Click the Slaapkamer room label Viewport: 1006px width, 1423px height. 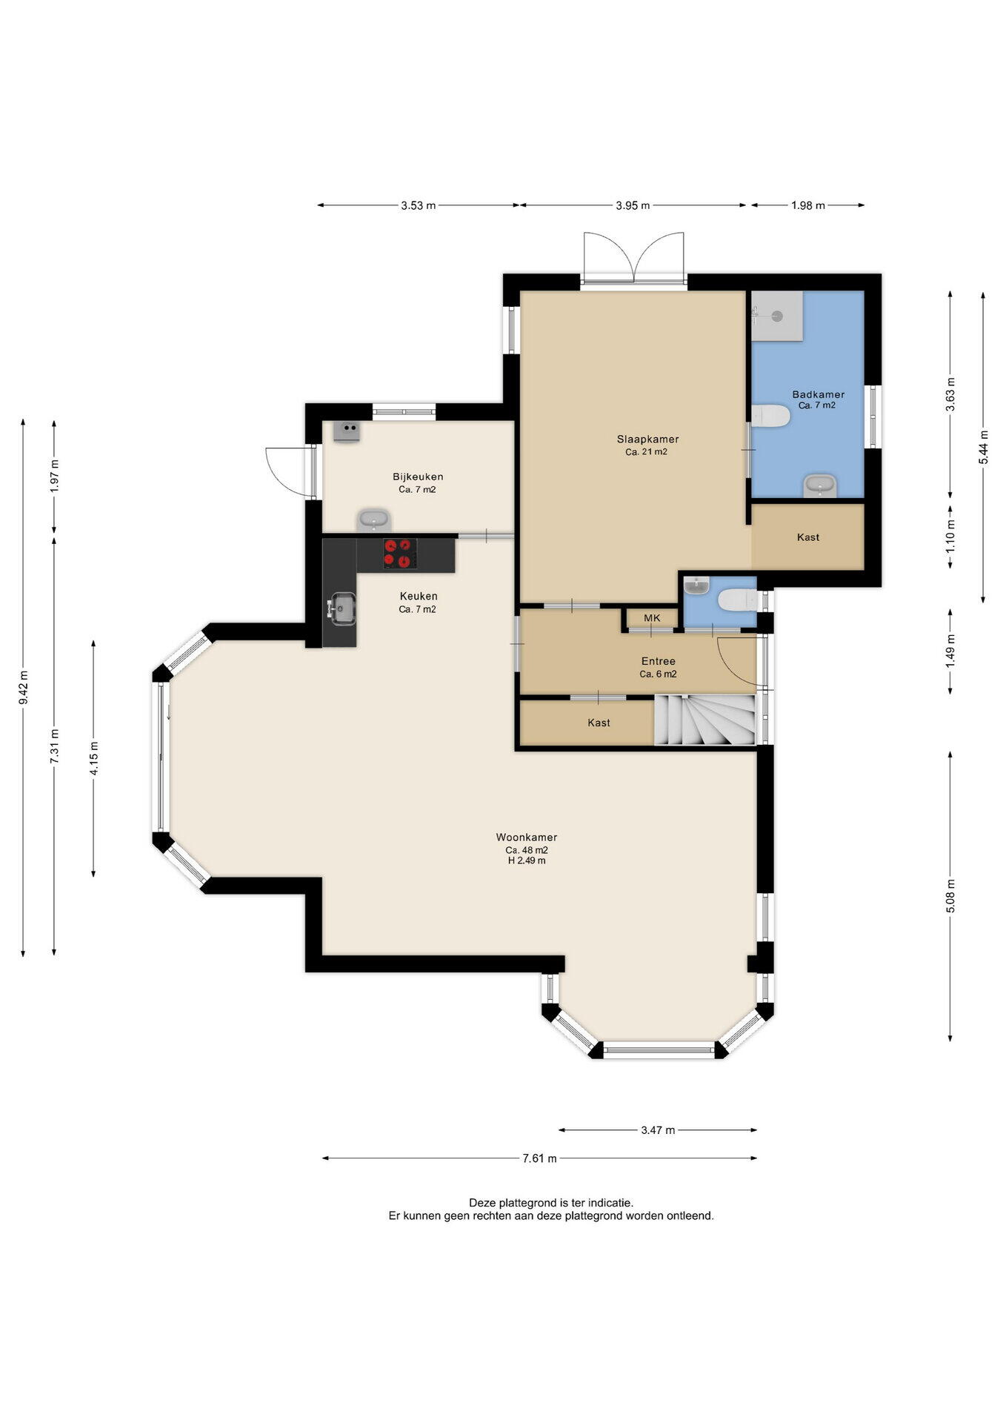(x=647, y=439)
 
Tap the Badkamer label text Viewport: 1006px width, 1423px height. (x=818, y=394)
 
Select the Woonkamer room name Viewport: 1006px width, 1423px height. (x=527, y=837)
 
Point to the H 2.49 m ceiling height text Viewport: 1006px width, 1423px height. (x=527, y=860)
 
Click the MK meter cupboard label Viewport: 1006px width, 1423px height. (x=652, y=617)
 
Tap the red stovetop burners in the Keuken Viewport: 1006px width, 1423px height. (x=399, y=554)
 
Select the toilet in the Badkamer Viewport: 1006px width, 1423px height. (x=770, y=416)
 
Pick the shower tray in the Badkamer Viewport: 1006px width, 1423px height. (x=777, y=316)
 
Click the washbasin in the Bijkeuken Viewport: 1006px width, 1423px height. (x=374, y=520)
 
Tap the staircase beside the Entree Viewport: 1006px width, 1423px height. (x=704, y=720)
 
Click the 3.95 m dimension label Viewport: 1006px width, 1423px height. (x=633, y=205)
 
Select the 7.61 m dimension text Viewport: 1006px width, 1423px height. (x=539, y=1158)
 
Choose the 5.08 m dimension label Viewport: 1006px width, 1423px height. (x=950, y=896)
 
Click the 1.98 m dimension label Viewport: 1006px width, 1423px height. (x=807, y=205)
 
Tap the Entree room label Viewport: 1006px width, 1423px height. (x=658, y=661)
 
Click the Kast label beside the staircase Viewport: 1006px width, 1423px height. (x=599, y=723)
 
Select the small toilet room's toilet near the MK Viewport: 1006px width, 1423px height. (x=738, y=599)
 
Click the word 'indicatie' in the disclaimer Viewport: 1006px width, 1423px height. (x=610, y=1203)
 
